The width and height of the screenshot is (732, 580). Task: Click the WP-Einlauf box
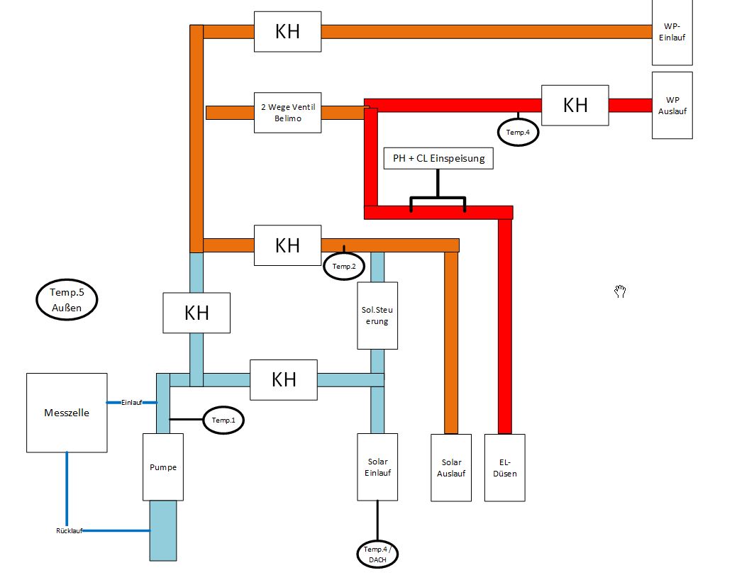(x=672, y=32)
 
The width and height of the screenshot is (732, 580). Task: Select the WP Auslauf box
(x=672, y=106)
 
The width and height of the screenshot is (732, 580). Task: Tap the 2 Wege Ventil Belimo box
(x=287, y=113)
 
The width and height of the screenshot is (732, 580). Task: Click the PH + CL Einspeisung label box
(x=438, y=158)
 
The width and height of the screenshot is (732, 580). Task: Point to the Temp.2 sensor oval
(x=344, y=267)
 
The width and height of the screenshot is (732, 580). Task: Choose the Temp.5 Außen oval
(x=67, y=299)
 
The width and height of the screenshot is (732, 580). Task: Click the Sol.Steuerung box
(x=377, y=316)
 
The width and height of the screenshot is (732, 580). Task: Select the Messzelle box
(x=67, y=413)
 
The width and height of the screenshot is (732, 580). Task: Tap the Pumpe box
(x=163, y=467)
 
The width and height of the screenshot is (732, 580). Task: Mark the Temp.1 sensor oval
(x=223, y=420)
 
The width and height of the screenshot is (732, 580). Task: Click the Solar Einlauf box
(x=377, y=467)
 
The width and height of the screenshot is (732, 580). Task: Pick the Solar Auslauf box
(x=451, y=468)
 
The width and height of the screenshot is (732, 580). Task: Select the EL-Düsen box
(x=504, y=468)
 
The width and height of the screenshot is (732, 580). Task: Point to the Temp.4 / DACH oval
(x=377, y=554)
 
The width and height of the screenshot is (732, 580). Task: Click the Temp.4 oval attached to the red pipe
(x=518, y=132)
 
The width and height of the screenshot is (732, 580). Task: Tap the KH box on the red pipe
(x=575, y=106)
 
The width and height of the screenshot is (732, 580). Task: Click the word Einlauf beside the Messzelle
(x=132, y=402)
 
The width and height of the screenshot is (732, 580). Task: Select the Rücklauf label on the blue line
(x=69, y=530)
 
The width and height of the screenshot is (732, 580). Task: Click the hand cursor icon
(x=619, y=291)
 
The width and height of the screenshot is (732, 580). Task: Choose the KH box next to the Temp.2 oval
(x=287, y=245)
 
